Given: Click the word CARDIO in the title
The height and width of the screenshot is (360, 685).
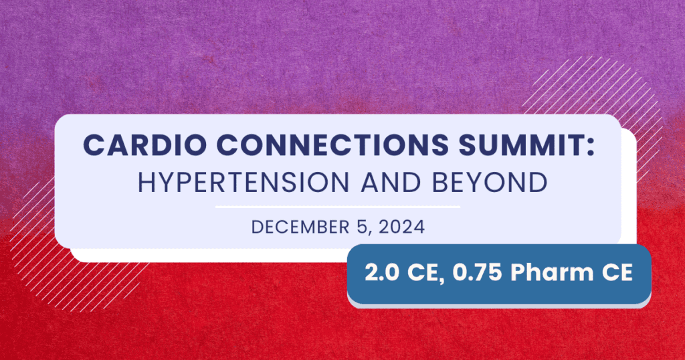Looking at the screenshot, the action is click(144, 144).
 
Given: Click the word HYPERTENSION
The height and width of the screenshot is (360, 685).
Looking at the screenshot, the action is click(243, 182).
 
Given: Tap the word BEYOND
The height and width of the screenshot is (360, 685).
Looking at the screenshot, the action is click(490, 182).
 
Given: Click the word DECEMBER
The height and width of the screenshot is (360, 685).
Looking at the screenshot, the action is click(300, 228).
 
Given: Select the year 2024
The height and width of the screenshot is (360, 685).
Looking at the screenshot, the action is click(401, 228).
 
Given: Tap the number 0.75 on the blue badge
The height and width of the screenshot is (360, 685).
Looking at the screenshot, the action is click(477, 272).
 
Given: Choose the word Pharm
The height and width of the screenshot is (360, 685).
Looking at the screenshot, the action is click(552, 272).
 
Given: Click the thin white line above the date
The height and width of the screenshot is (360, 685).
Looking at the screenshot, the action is click(338, 207).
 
